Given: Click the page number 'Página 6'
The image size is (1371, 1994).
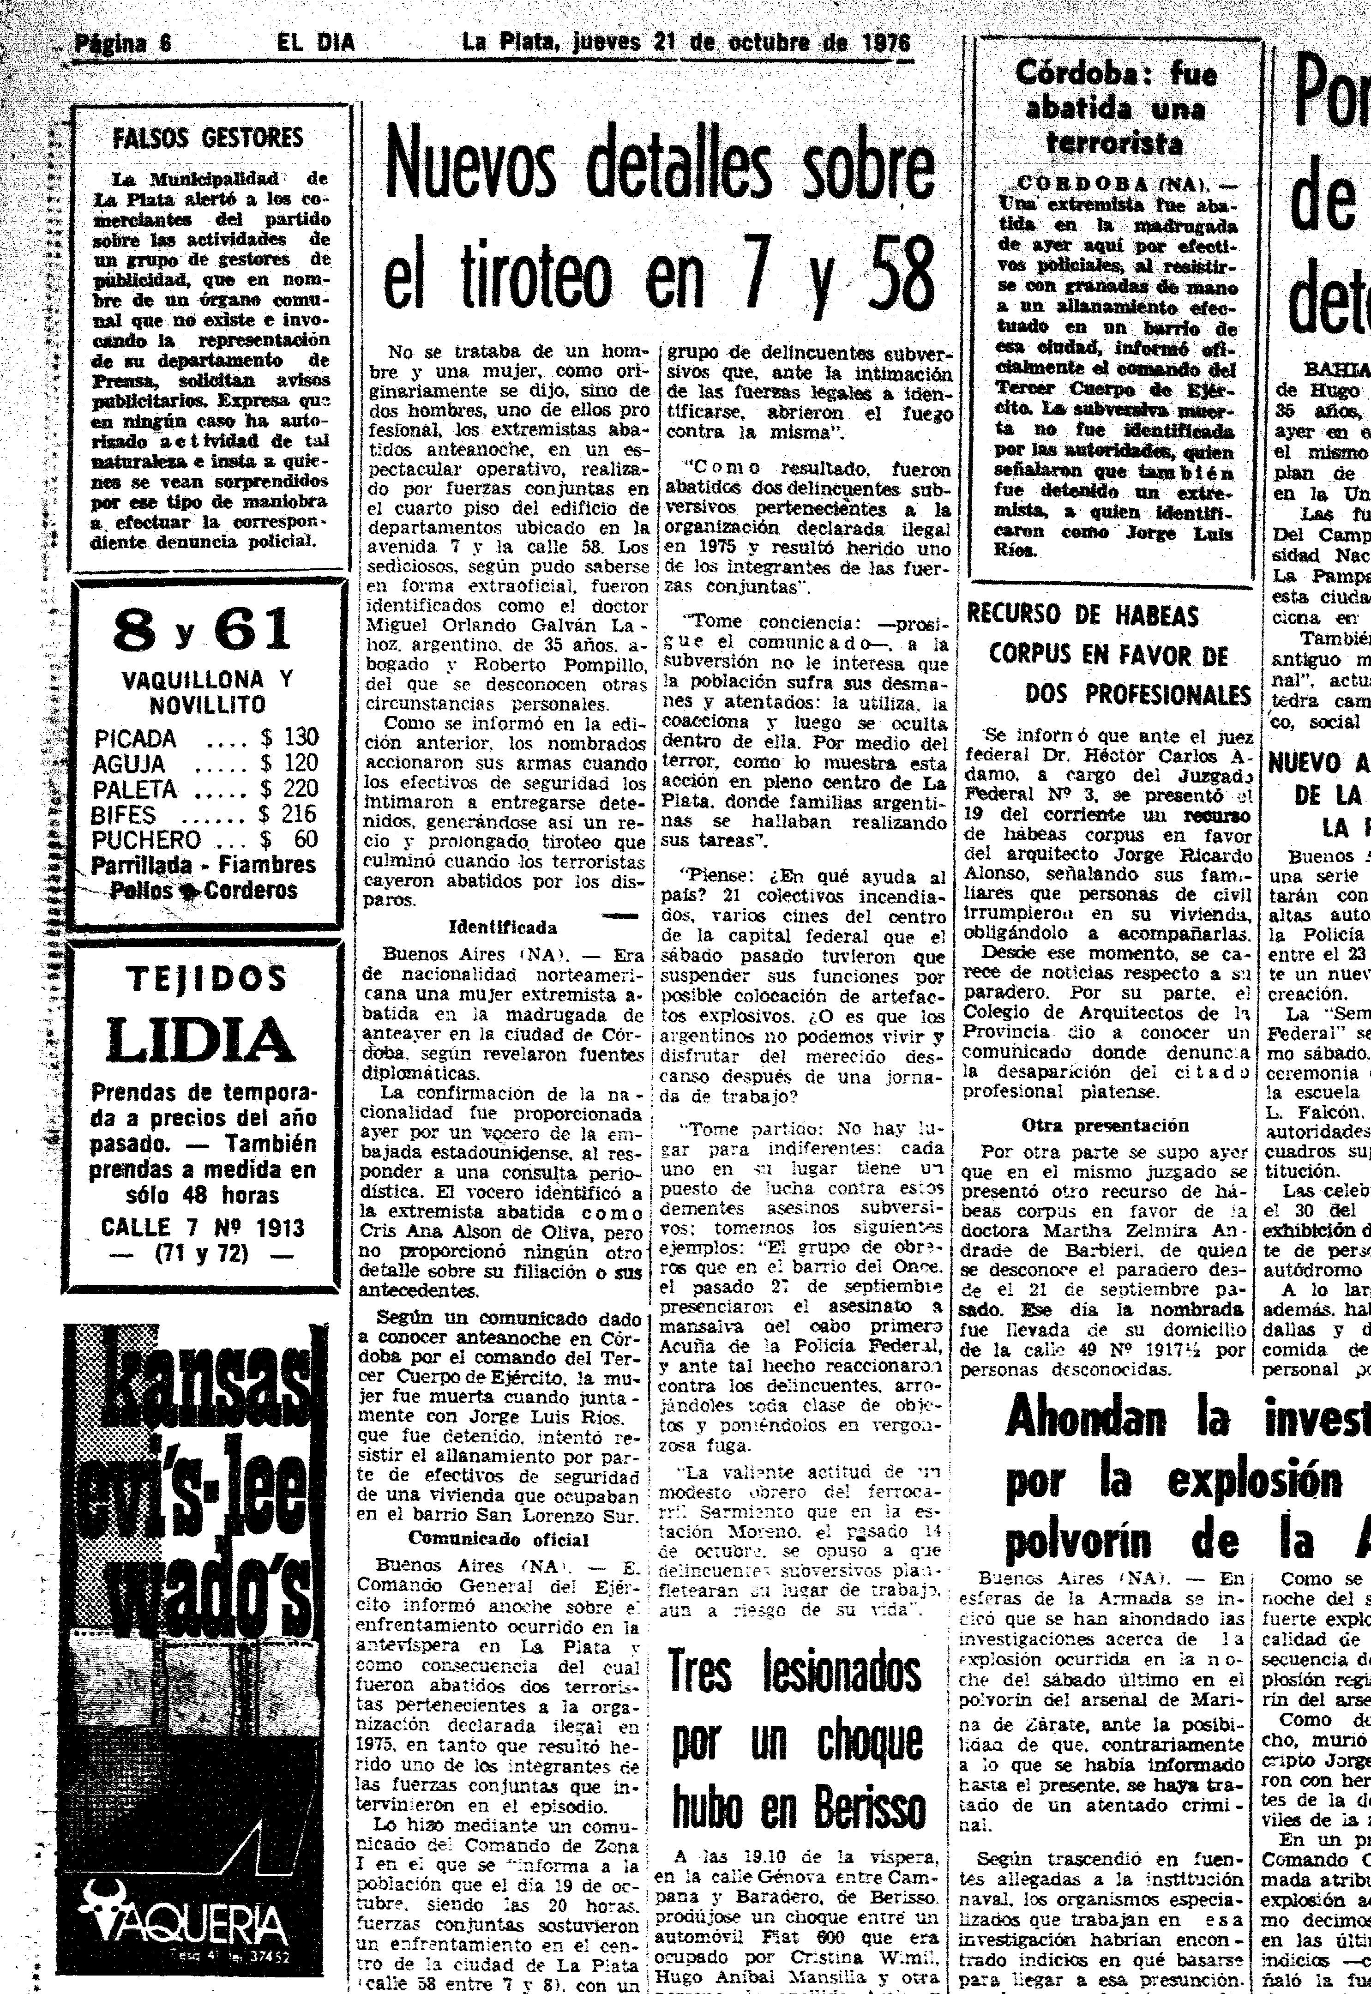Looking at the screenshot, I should (123, 43).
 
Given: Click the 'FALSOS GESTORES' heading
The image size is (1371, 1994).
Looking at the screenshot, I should (209, 139).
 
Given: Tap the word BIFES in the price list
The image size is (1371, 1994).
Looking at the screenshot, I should (125, 814).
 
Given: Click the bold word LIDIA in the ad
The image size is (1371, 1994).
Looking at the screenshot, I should (201, 1039).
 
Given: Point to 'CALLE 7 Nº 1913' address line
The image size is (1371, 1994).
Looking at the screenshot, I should (203, 1228).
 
